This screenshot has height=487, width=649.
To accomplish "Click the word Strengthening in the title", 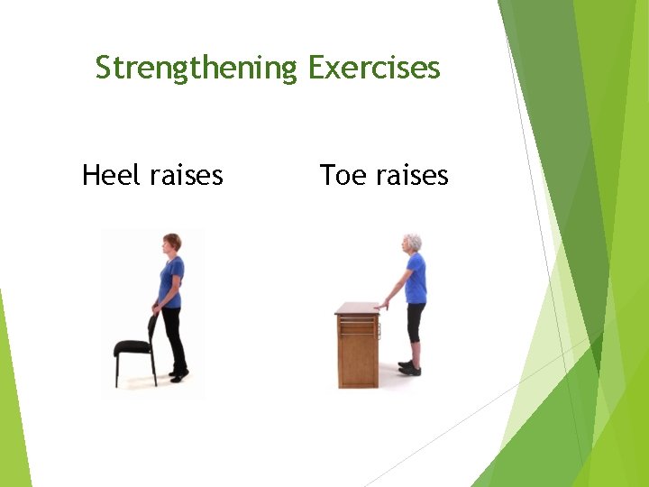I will pos(196,68).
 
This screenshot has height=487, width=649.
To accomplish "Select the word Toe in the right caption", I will pos(341,174).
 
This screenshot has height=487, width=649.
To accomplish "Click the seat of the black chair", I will pos(133,346).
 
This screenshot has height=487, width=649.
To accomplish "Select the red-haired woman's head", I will pos(171,243).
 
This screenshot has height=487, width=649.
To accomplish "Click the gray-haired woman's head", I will pos(412,243).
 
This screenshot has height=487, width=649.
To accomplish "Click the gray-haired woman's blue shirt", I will pos(416,279).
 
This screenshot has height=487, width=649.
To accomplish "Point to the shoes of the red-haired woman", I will pos(178,373).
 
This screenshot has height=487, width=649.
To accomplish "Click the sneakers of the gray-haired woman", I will pos(409,368).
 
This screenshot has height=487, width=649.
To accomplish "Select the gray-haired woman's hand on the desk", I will pos(383,306).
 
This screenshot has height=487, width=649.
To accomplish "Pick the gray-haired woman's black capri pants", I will pos(415,321).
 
